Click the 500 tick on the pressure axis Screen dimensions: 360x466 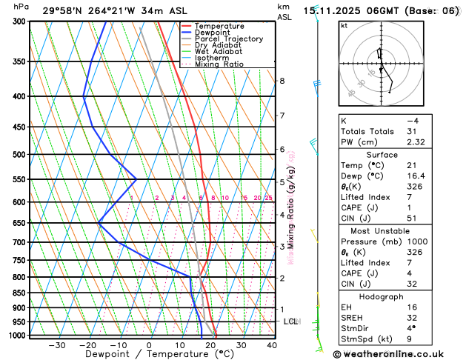16,154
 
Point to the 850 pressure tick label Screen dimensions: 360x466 16,293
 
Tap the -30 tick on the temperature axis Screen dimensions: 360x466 56,345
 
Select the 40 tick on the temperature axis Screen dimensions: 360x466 271,345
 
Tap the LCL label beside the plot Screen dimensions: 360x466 291,321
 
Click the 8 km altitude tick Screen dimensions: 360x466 282,80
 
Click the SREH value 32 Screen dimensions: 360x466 412,319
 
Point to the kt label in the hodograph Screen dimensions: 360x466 344,26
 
